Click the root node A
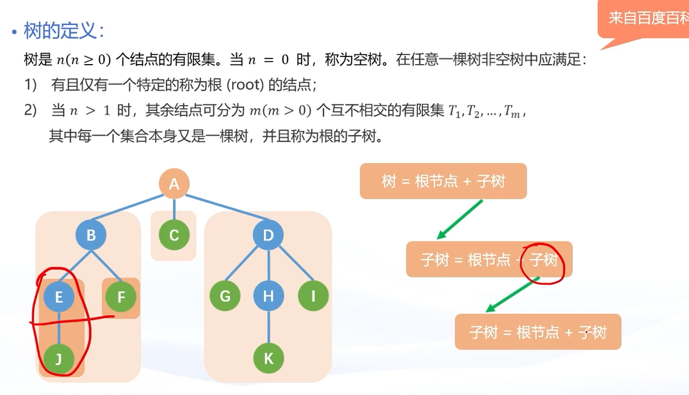(174, 185)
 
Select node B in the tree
(91, 236)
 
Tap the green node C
(174, 236)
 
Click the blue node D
(268, 236)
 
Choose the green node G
(225, 297)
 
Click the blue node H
(268, 297)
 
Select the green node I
(312, 297)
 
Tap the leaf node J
(59, 359)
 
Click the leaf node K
(268, 359)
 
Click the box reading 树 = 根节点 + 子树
(443, 181)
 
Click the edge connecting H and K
(268, 327)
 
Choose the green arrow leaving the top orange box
(460, 219)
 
